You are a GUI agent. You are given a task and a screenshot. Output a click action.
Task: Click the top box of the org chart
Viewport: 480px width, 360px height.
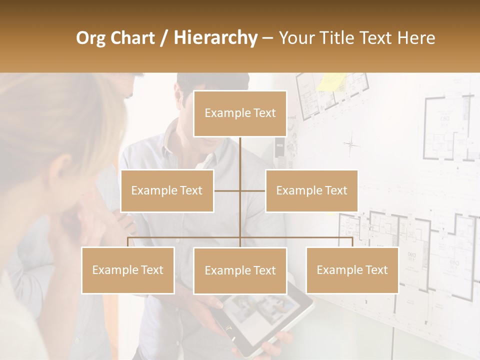pos(240,113)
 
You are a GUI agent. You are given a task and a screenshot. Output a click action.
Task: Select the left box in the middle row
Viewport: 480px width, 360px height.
pos(167,190)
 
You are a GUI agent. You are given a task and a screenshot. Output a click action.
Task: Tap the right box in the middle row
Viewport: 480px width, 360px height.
pos(311,190)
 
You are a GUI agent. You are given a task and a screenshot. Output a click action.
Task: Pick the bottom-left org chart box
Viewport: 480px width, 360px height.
pos(128,270)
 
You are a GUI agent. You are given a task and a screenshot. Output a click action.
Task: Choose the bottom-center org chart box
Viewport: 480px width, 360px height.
pos(240,270)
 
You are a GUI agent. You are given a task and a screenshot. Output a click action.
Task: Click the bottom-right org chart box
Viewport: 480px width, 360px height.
pos(352,270)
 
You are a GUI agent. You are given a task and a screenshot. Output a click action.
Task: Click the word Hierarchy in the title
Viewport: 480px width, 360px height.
pos(215,38)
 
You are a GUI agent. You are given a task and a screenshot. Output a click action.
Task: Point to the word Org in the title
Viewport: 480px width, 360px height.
pos(91,38)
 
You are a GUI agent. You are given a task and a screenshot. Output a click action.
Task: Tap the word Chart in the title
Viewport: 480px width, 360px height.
pos(133,38)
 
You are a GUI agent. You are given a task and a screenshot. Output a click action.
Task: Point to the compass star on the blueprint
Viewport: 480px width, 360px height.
pos(351,144)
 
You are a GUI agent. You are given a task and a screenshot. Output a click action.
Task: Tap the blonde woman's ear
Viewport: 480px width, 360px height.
pos(63,167)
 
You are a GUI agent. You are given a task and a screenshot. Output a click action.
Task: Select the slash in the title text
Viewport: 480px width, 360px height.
pos(163,38)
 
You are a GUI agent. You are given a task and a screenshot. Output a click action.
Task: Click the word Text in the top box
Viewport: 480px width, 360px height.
pos(264,113)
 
